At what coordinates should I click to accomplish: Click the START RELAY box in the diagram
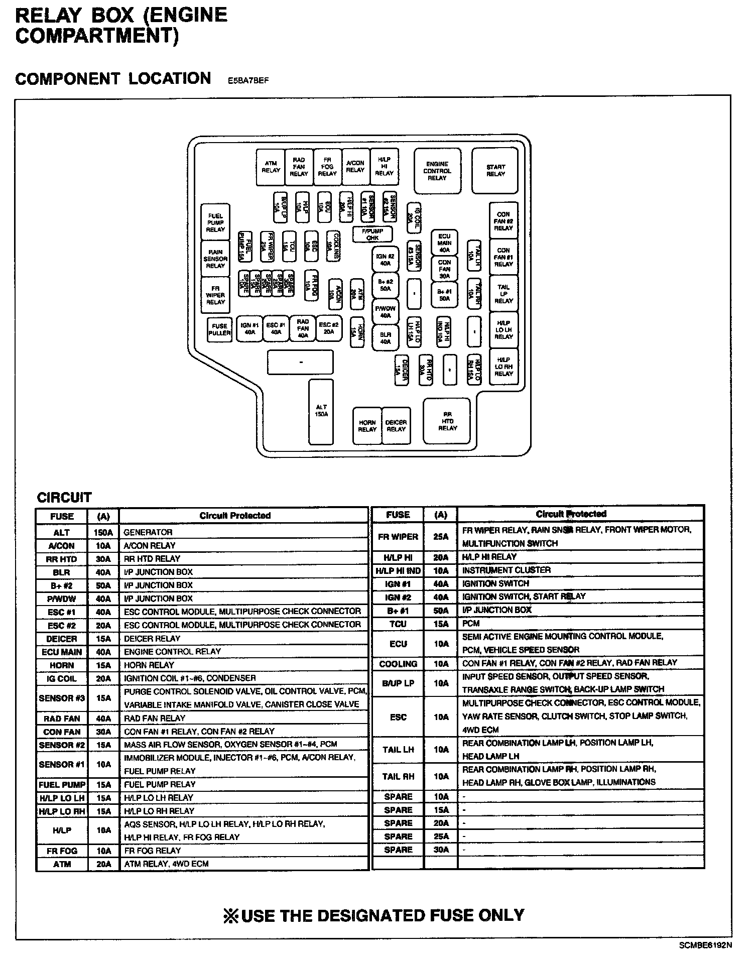(495, 171)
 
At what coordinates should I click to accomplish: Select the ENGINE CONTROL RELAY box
(437, 171)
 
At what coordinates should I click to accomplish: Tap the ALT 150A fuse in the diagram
(321, 411)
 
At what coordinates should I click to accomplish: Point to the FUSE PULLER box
(219, 329)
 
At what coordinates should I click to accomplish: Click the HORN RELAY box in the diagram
(367, 426)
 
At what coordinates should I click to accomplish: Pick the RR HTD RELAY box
(447, 421)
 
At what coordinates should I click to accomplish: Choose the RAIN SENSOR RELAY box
(215, 259)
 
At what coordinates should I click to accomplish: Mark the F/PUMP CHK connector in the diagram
(372, 234)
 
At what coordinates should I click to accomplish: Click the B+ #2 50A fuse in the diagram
(385, 285)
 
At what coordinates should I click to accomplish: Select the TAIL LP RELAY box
(504, 294)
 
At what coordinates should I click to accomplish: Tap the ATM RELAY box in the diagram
(271, 167)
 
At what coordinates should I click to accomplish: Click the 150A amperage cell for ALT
(103, 532)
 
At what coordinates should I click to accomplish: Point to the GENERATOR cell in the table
(148, 532)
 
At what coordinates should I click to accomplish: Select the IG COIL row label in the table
(62, 679)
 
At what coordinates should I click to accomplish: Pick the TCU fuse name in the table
(398, 624)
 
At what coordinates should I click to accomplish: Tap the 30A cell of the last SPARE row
(441, 850)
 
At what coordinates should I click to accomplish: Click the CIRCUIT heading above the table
(64, 498)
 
